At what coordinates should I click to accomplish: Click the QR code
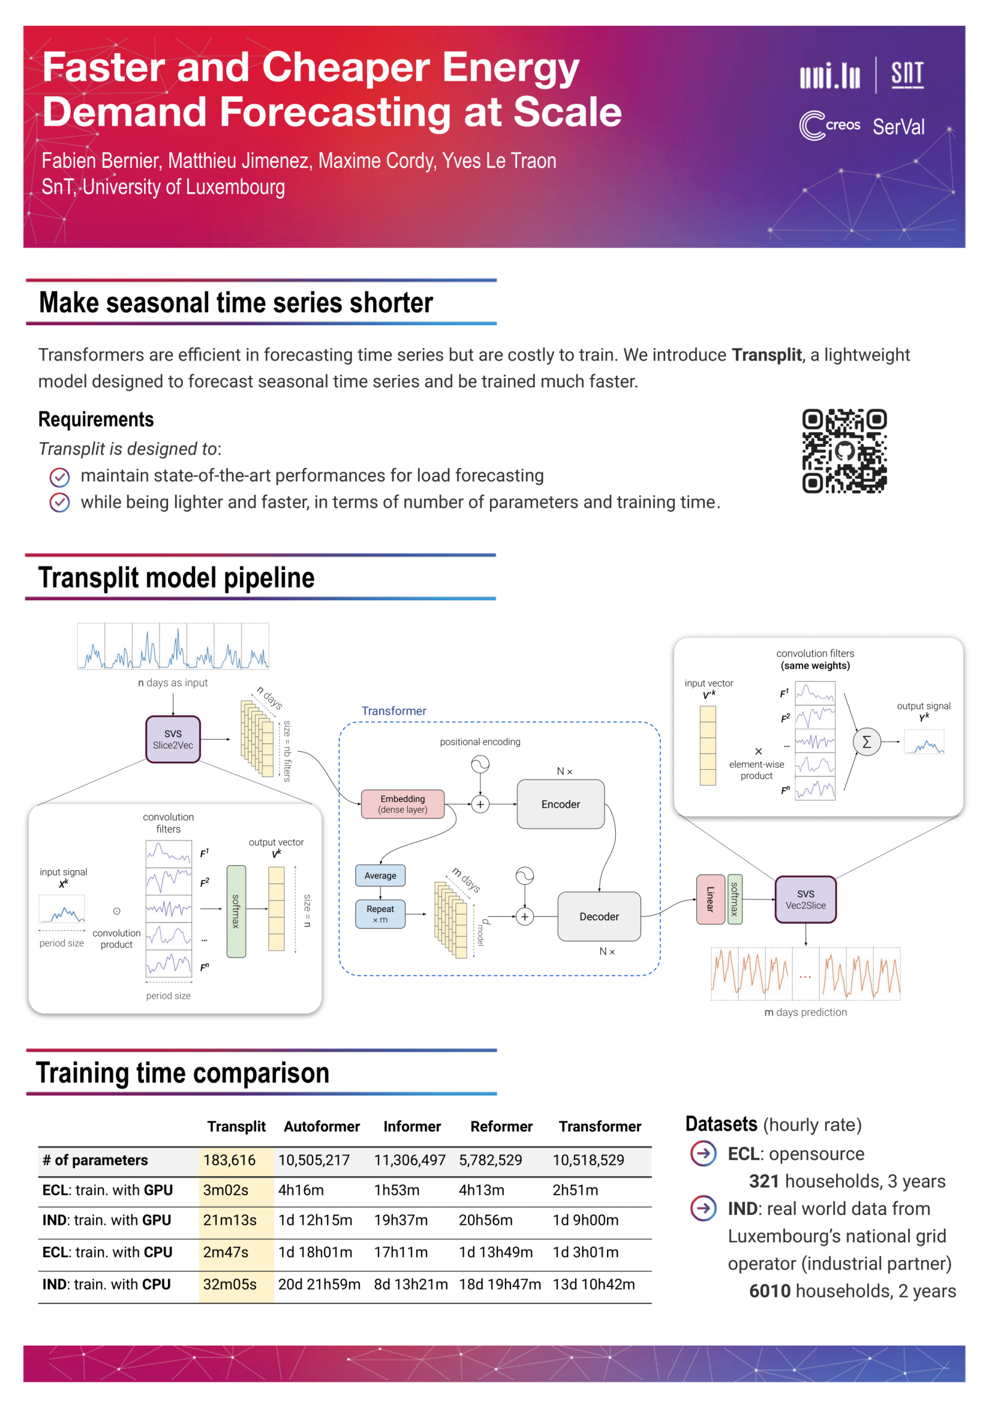point(844,451)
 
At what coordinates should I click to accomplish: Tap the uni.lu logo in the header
point(829,76)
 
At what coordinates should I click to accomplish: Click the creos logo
point(829,125)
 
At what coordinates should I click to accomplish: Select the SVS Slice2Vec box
point(173,739)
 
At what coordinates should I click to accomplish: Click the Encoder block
point(560,804)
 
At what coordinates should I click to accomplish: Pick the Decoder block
point(598,916)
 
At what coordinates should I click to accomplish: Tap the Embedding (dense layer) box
point(403,804)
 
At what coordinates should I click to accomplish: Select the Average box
point(380,875)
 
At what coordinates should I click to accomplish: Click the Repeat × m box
point(380,914)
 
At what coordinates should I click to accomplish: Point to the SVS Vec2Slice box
point(805,899)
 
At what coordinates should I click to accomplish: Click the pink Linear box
point(709,899)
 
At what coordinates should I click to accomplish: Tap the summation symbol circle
point(866,741)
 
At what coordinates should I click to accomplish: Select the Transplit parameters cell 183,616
point(229,1160)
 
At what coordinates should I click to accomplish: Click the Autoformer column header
point(321,1126)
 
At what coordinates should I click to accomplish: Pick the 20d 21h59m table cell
point(319,1284)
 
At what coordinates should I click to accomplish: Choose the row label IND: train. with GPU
point(107,1219)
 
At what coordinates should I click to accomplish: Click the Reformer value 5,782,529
point(490,1160)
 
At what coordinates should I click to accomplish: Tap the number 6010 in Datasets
point(769,1290)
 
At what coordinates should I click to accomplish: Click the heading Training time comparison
point(183,1073)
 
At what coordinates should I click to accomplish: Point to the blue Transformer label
point(393,711)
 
